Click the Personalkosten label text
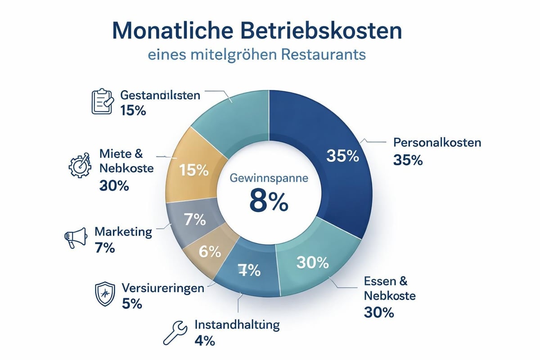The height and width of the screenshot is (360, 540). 437,143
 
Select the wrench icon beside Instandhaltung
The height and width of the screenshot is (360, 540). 178,332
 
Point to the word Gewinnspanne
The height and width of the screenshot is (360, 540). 269,177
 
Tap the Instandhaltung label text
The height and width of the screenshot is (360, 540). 237,324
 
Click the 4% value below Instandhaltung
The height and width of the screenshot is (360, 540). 204,341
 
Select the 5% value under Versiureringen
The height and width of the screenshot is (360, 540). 132,304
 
